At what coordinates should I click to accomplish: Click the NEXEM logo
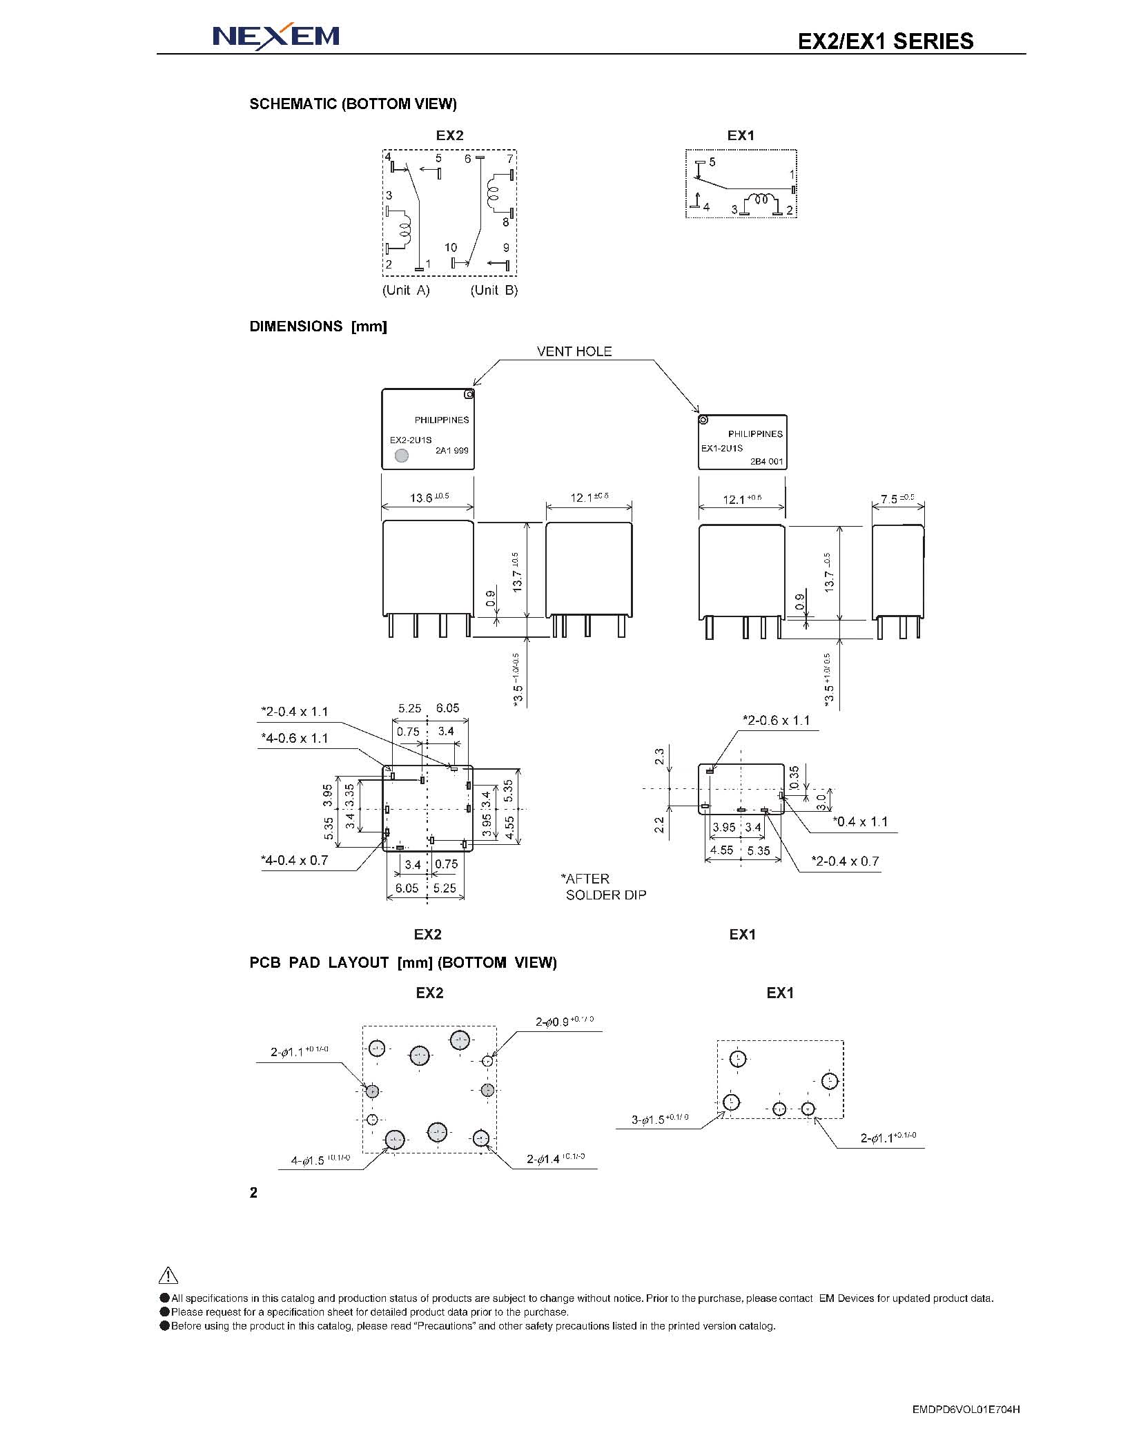pyautogui.click(x=276, y=36)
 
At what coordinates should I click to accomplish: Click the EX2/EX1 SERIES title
pyautogui.click(x=886, y=41)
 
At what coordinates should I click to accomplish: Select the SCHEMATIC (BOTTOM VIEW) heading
pyautogui.click(x=353, y=104)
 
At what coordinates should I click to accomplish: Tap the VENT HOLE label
pyautogui.click(x=574, y=351)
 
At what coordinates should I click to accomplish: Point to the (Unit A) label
pyautogui.click(x=406, y=290)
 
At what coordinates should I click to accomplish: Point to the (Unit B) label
pyautogui.click(x=494, y=290)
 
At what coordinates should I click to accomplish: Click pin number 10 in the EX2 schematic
pyautogui.click(x=451, y=247)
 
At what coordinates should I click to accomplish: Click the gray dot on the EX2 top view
pyautogui.click(x=401, y=456)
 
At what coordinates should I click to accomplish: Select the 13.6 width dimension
pyautogui.click(x=429, y=497)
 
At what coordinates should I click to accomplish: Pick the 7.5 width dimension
pyautogui.click(x=897, y=499)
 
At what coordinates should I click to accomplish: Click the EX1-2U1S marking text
pyautogui.click(x=722, y=448)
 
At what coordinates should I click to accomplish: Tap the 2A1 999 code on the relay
pyautogui.click(x=452, y=451)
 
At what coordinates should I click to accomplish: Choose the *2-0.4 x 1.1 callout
pyautogui.click(x=295, y=712)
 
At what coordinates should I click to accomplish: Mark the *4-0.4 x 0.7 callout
pyautogui.click(x=295, y=860)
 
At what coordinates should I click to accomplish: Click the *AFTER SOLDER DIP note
pyautogui.click(x=604, y=887)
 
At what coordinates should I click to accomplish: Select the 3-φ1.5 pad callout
pyautogui.click(x=660, y=1120)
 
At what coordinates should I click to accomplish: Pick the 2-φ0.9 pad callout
pyautogui.click(x=565, y=1021)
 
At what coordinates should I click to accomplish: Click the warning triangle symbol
pyautogui.click(x=168, y=1276)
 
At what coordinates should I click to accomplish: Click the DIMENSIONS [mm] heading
pyautogui.click(x=318, y=327)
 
